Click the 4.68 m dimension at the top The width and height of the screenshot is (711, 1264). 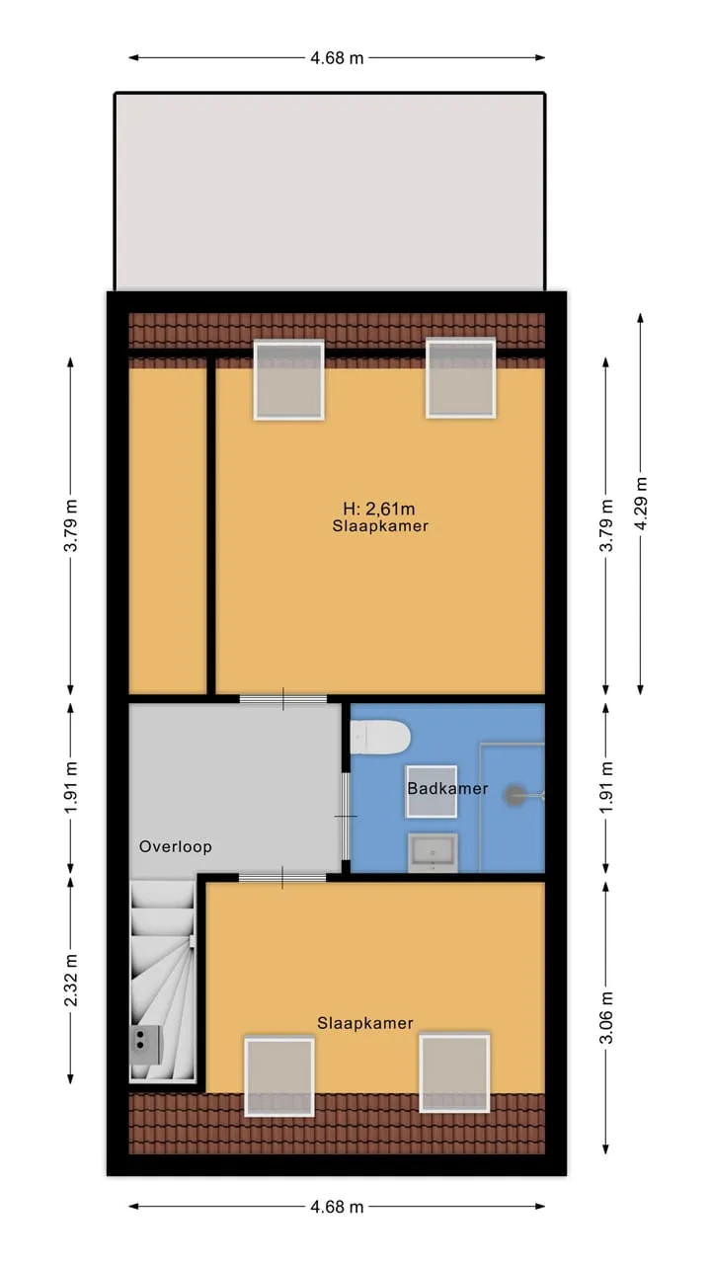[337, 57]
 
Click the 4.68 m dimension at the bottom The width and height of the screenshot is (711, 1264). [337, 1207]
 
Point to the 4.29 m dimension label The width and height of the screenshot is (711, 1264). [641, 504]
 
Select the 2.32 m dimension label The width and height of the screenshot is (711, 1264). [71, 981]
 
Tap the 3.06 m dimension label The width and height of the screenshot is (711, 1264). [606, 1017]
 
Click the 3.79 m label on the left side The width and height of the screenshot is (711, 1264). [71, 525]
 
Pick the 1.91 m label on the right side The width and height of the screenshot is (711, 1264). [606, 787]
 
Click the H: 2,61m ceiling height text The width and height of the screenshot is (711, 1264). [379, 509]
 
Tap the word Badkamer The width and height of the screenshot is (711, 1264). [447, 788]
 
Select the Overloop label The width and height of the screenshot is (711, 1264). [176, 846]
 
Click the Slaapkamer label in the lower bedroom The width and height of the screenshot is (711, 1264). [365, 1023]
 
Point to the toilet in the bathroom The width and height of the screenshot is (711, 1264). [380, 737]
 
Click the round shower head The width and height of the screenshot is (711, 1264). [515, 796]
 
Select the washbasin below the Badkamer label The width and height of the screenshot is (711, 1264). [433, 852]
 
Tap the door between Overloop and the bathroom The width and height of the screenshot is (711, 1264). [345, 816]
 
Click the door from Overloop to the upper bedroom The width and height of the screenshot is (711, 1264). [283, 699]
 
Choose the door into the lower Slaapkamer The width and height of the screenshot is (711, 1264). [282, 878]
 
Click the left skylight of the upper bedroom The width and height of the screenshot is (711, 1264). [289, 380]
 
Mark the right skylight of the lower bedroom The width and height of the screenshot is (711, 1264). [454, 1072]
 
